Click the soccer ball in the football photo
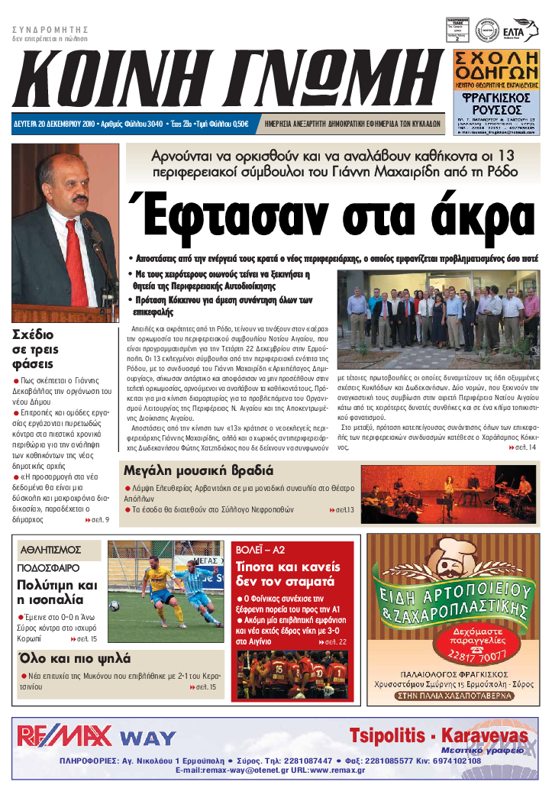[x=115, y=606]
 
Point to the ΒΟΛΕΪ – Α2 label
[x=260, y=549]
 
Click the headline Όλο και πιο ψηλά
[x=75, y=658]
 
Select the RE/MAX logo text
[x=65, y=736]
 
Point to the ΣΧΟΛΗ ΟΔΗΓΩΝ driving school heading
[x=496, y=66]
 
